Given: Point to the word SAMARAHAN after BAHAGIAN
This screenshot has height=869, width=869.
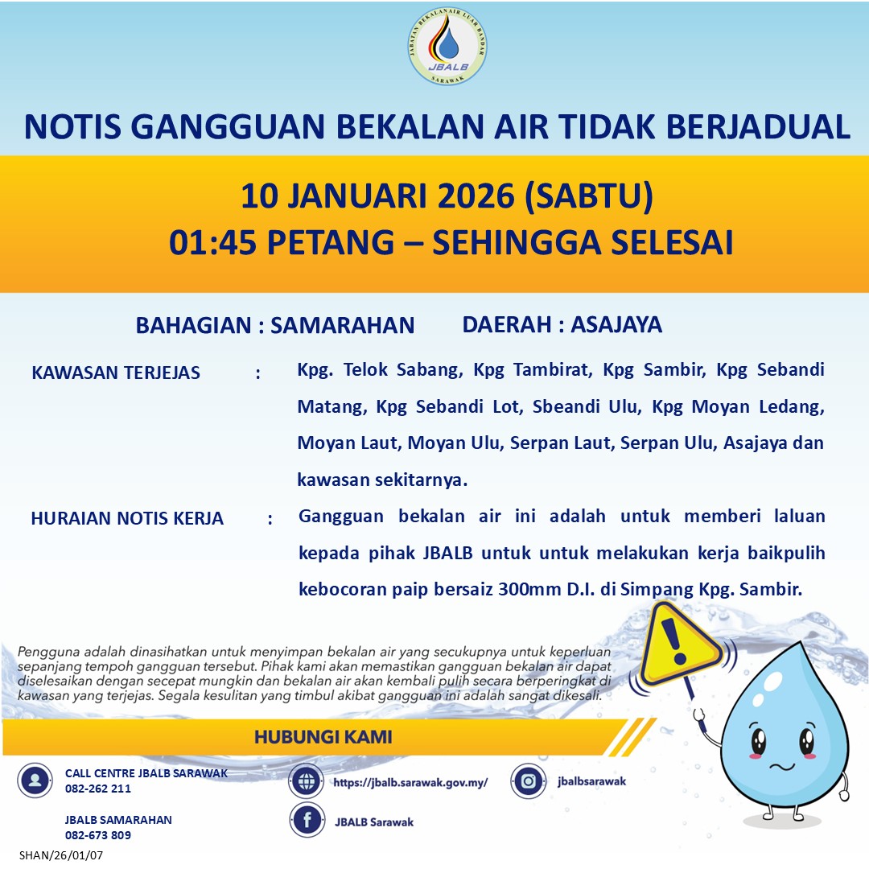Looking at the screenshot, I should [x=342, y=325].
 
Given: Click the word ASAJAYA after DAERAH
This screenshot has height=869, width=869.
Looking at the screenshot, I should [x=616, y=324].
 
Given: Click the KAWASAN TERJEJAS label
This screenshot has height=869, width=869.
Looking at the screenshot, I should [x=116, y=373].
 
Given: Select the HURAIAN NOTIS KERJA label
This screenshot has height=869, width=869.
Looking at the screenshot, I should [x=127, y=518].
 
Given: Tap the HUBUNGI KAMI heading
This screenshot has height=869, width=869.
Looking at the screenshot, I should [x=323, y=737].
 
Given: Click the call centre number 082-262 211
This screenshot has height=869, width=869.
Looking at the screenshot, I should [x=98, y=789].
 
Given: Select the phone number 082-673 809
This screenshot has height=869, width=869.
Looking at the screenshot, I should [x=98, y=835].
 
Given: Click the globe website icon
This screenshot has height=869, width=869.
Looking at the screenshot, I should [x=306, y=781].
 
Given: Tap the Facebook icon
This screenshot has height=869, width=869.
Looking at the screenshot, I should [x=306, y=822].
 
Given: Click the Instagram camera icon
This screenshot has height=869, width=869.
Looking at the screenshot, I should [x=528, y=780].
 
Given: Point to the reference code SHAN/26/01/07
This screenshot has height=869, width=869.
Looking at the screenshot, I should [x=61, y=855].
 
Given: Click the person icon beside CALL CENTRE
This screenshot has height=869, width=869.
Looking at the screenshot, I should [x=35, y=780].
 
